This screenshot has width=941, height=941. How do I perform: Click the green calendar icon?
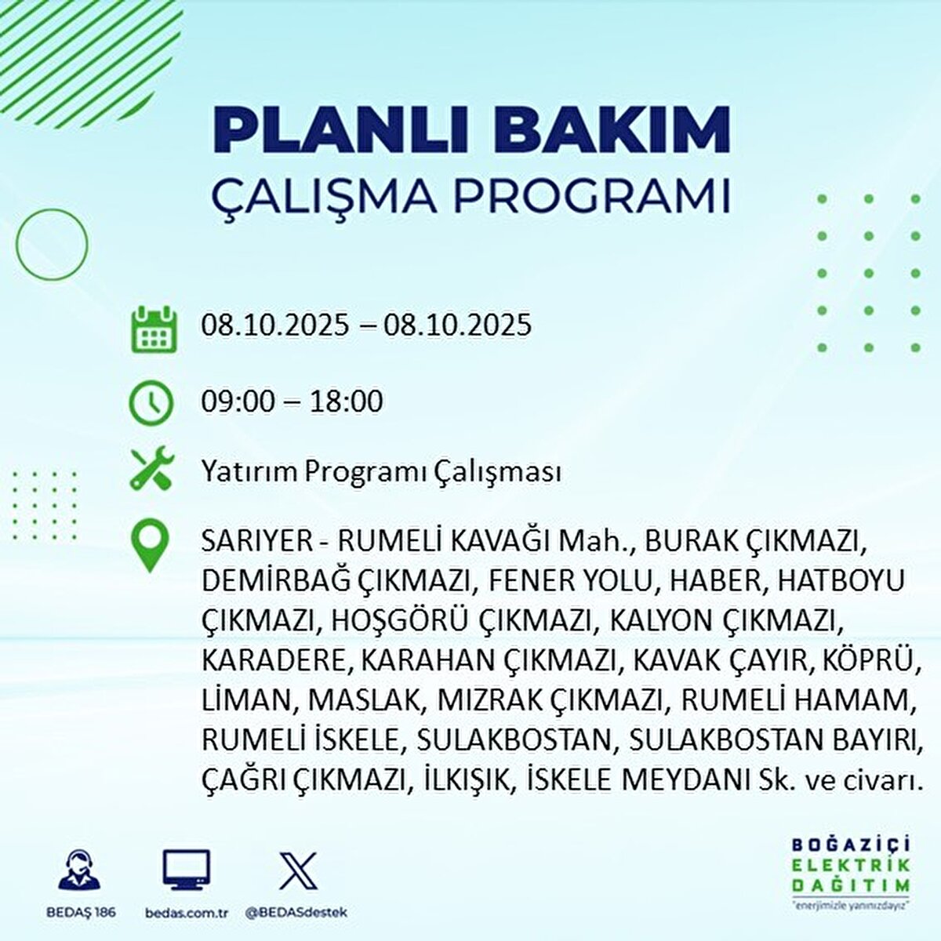tap(151, 329)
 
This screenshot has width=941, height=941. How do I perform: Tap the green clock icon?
tap(151, 402)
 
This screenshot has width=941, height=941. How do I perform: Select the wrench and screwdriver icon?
tap(151, 470)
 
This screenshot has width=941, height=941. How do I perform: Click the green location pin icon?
tap(151, 547)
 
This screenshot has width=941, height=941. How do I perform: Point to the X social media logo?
tap(299, 870)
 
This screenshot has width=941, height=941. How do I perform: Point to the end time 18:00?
tap(347, 401)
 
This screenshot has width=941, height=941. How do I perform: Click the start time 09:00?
tap(238, 401)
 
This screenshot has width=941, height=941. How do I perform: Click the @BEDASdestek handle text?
tap(296, 913)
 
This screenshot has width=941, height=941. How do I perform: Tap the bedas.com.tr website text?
tap(187, 913)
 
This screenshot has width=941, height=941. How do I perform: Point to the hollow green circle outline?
tap(52, 245)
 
